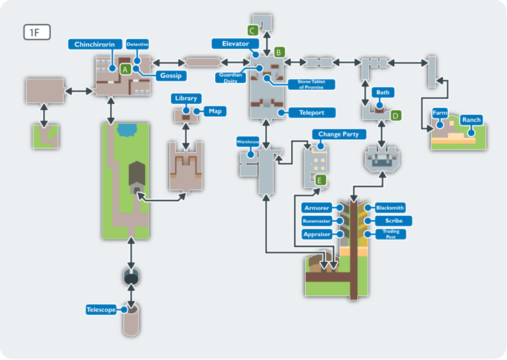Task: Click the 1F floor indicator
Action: click(37, 32)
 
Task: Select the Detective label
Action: click(137, 45)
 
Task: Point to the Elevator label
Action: click(235, 44)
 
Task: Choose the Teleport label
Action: click(306, 112)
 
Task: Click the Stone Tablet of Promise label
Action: click(311, 84)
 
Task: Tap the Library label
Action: click(186, 99)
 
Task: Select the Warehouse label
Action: click(248, 141)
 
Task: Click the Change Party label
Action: click(338, 134)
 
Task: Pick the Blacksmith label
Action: click(389, 208)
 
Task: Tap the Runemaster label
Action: click(316, 221)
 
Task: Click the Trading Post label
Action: click(389, 235)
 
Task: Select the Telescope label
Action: click(101, 310)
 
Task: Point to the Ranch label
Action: click(471, 120)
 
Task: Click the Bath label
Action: click(383, 92)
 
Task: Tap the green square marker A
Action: click(125, 70)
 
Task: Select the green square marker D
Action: click(396, 116)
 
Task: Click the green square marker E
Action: click(320, 180)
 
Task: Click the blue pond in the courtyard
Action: click(127, 129)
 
